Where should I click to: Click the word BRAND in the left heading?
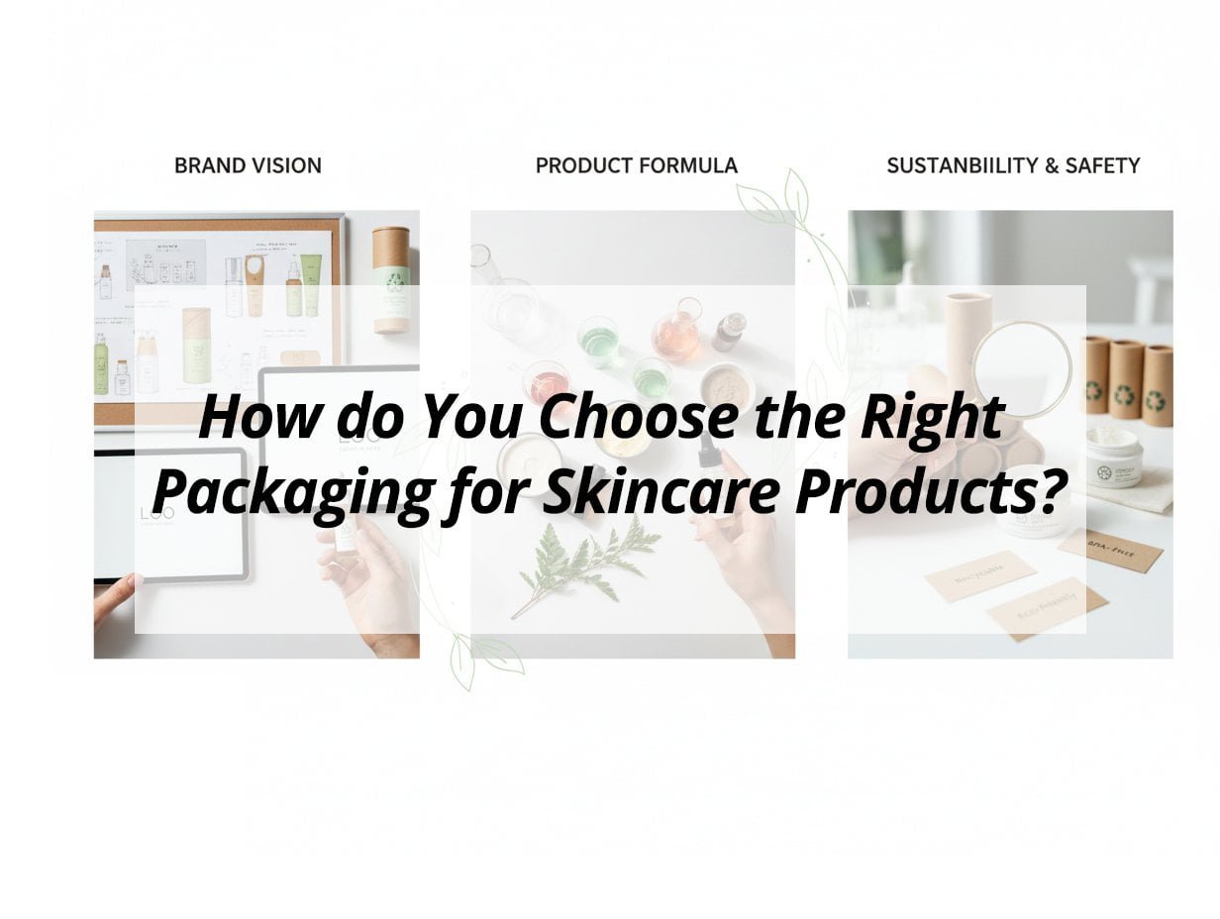pyautogui.click(x=207, y=166)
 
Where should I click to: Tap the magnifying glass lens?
pyautogui.click(x=1021, y=367)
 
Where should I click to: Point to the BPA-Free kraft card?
pyautogui.click(x=1109, y=549)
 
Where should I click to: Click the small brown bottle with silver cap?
pyautogui.click(x=731, y=331)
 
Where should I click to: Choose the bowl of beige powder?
pyautogui.click(x=726, y=386)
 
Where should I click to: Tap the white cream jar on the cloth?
pyautogui.click(x=1114, y=457)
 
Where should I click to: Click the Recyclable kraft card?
pyautogui.click(x=979, y=575)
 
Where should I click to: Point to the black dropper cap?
pyautogui.click(x=707, y=454)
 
